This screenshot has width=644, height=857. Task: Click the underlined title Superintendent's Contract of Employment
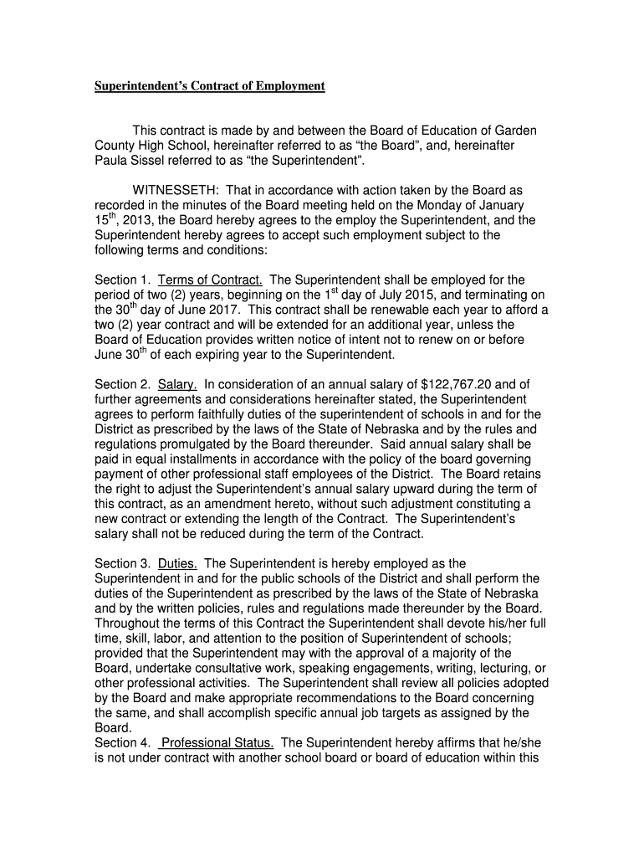coord(208,86)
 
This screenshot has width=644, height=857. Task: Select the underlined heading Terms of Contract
coord(210,280)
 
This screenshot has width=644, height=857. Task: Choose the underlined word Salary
coord(177,384)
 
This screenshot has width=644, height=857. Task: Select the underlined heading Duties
coord(177,563)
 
